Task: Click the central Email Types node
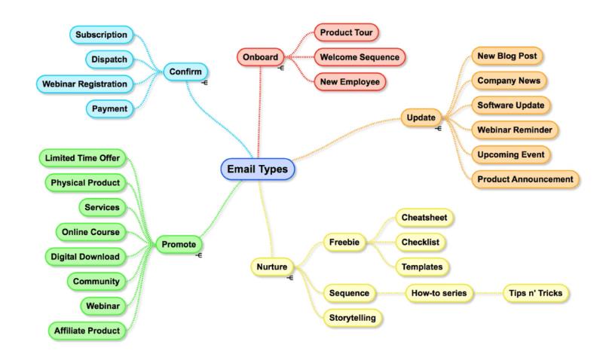[x=258, y=169]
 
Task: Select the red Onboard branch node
[x=260, y=57]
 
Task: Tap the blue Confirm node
[x=185, y=72]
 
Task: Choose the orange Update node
[x=421, y=117]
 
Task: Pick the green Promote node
[x=179, y=244]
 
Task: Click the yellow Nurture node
[x=272, y=267]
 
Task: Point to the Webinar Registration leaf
[x=84, y=84]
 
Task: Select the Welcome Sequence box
[x=360, y=57]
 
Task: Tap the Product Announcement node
[x=525, y=179]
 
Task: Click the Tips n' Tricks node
[x=536, y=293]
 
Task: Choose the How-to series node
[x=439, y=293]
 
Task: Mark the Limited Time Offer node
[x=82, y=158]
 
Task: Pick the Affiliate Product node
[x=87, y=331]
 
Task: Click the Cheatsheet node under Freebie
[x=424, y=218]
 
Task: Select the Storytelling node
[x=353, y=318]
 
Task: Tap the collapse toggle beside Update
[x=438, y=129]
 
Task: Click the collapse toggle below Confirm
[x=204, y=83]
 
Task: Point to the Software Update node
[x=511, y=105]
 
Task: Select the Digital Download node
[x=85, y=257]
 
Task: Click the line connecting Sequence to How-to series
[x=390, y=293]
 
